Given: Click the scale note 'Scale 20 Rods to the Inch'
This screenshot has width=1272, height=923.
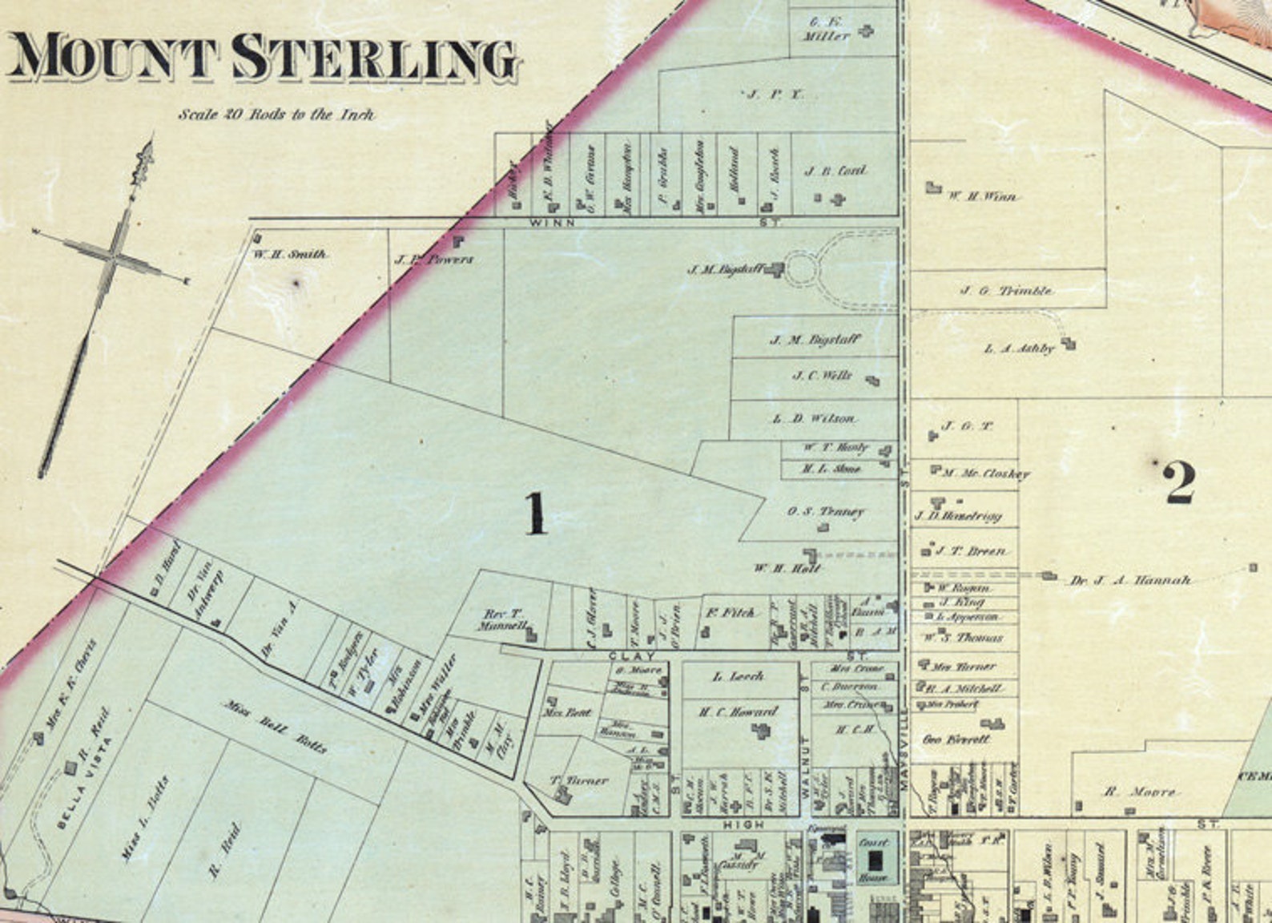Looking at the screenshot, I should click(276, 114).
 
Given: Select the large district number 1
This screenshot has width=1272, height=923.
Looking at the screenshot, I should click(535, 514).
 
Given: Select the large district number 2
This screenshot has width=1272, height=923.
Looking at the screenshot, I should click(1180, 482).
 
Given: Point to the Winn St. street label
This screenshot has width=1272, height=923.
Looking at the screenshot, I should click(552, 223).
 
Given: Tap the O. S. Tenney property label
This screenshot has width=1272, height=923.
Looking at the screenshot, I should click(825, 511).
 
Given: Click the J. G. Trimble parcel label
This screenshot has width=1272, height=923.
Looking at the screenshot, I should click(1006, 291).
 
